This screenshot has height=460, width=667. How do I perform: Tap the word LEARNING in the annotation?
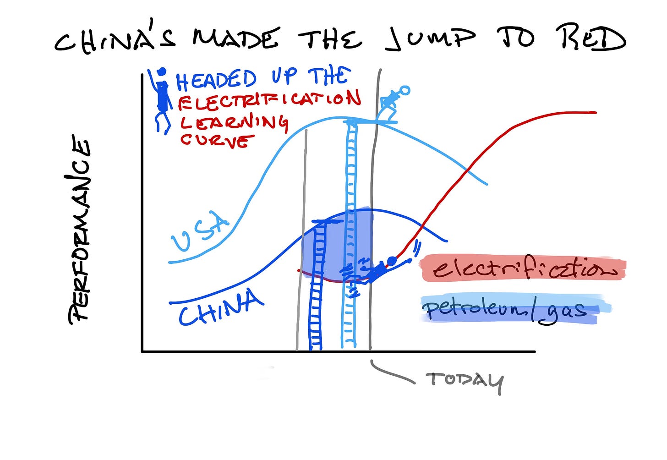coord(234,122)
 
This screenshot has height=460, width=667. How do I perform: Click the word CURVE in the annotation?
coord(215,139)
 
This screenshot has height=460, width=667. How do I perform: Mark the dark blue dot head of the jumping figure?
coord(392,261)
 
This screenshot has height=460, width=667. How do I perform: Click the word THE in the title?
coord(330,38)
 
